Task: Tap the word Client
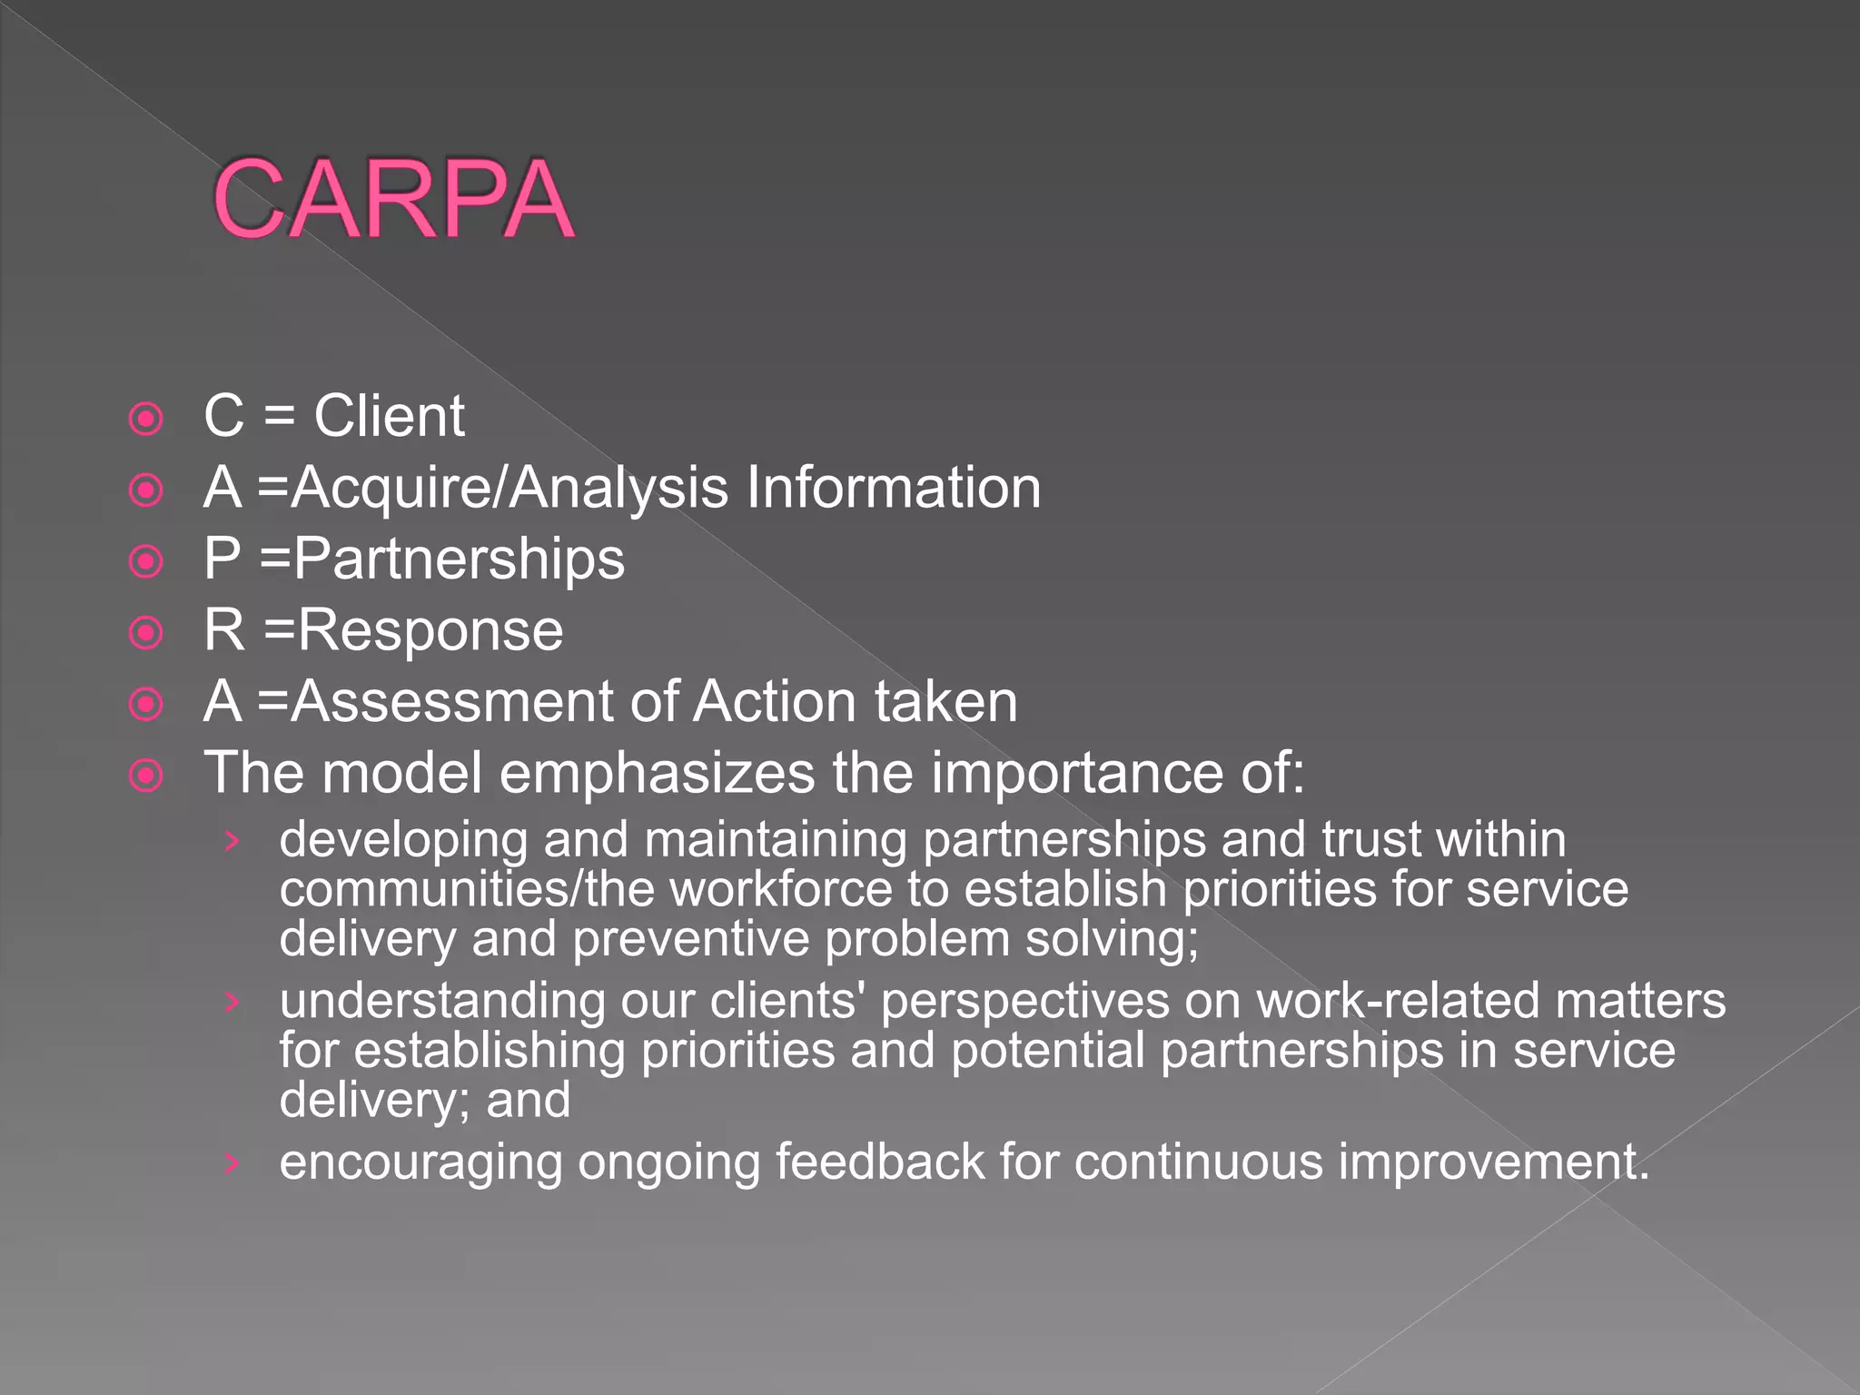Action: coord(389,417)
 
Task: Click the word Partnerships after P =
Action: coord(459,559)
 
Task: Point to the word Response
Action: coord(430,630)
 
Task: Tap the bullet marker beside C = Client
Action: coord(146,419)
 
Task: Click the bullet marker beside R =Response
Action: coord(146,633)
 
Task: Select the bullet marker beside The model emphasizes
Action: coord(146,776)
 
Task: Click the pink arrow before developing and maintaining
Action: coord(232,841)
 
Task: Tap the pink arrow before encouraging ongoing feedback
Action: coord(232,1163)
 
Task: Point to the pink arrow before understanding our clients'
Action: coord(232,1002)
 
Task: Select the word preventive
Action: coord(690,939)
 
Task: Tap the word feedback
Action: coord(879,1162)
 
